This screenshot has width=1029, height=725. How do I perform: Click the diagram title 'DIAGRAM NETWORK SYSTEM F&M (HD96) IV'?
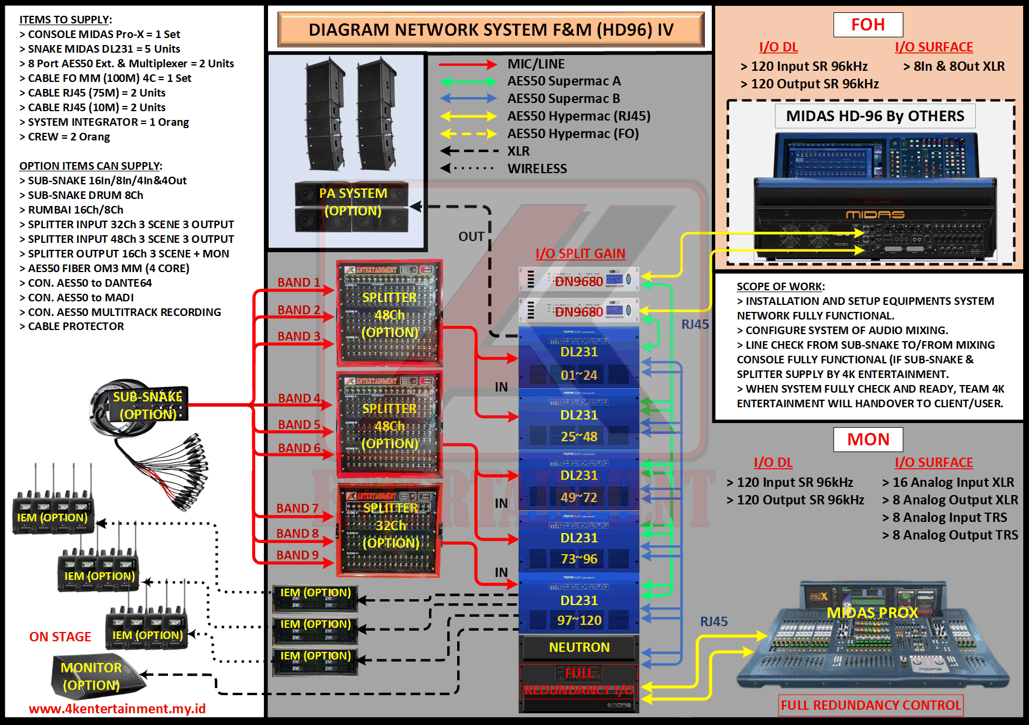click(x=491, y=30)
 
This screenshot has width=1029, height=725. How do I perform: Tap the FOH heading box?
click(x=868, y=25)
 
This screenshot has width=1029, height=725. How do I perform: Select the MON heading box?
click(x=868, y=439)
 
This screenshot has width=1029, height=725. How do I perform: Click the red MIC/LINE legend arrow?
click(x=468, y=64)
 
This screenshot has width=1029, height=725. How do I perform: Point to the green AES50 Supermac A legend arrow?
click(x=468, y=82)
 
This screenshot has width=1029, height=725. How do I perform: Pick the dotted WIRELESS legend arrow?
click(x=468, y=169)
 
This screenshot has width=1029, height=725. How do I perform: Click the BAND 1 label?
click(x=299, y=283)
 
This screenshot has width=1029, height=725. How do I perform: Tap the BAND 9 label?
click(x=297, y=555)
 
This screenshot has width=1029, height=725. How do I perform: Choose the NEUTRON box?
click(x=579, y=647)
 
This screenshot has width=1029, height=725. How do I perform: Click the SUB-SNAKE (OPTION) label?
click(x=148, y=405)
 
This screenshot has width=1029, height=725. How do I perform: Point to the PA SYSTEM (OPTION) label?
click(x=353, y=202)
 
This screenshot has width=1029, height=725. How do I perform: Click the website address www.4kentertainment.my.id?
click(x=117, y=709)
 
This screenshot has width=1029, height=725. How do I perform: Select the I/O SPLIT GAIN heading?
click(x=580, y=253)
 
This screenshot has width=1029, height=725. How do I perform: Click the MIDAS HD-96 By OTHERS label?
click(x=874, y=116)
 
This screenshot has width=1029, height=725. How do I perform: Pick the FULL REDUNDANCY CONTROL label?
click(x=871, y=705)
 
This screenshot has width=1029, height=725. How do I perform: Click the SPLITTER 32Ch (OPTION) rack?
click(x=389, y=530)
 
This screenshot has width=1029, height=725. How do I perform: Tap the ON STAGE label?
click(x=60, y=637)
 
